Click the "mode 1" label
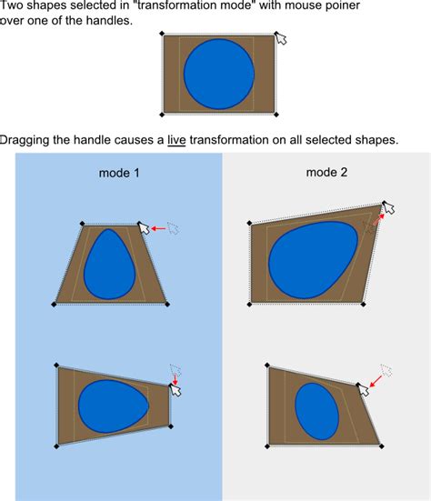click(119, 173)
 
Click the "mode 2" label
click(326, 172)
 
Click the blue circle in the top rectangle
click(219, 75)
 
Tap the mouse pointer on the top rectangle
click(281, 39)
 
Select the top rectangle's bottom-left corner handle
click(163, 115)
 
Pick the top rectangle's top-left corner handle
click(163, 35)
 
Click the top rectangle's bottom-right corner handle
click(276, 115)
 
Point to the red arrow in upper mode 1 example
click(158, 229)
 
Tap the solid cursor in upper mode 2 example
click(388, 208)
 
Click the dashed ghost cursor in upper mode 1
click(173, 227)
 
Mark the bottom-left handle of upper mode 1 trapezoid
click(54, 305)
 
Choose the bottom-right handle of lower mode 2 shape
click(381, 446)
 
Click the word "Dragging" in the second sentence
click(24, 140)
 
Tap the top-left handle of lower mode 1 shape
click(57, 366)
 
